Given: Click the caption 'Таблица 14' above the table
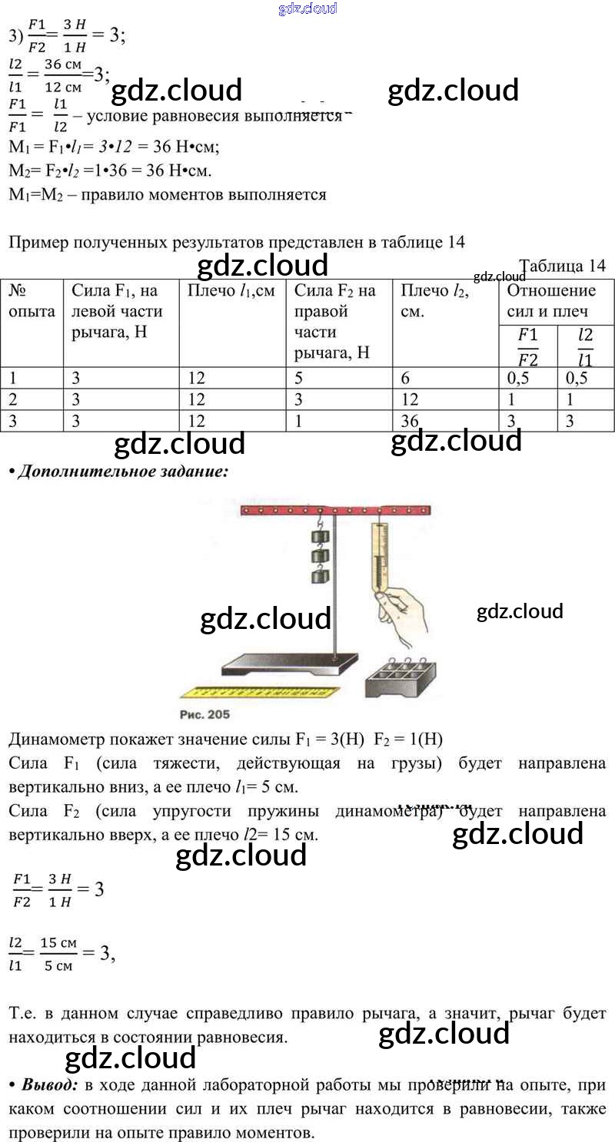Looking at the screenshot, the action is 562,266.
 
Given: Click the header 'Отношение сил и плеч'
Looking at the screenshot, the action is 551,300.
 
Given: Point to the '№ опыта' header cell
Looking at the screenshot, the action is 32,300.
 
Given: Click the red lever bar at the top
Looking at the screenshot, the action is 335,510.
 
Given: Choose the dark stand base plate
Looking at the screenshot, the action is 288,662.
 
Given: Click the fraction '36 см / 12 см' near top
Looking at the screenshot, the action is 63,75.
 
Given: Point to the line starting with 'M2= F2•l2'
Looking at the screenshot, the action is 110,170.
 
